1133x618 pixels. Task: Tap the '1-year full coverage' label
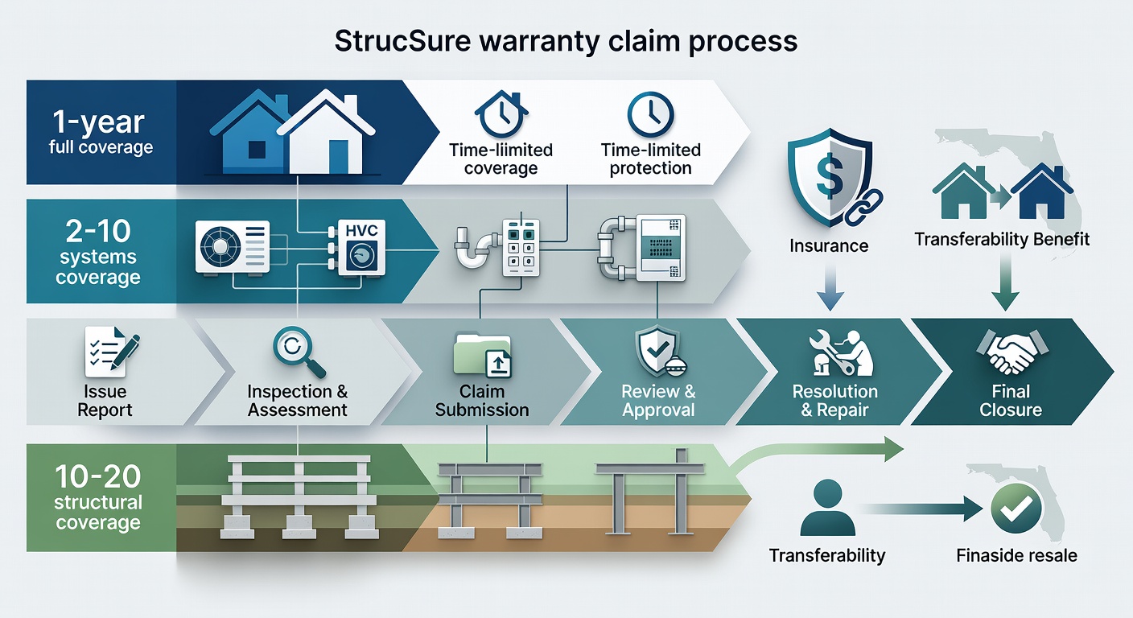(100, 132)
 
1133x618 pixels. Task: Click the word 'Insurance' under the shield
(828, 245)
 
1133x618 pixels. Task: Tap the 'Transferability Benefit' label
(1002, 239)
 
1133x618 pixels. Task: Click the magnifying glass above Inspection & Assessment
(298, 352)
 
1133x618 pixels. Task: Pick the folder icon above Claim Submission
(481, 356)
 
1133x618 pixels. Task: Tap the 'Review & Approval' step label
(658, 401)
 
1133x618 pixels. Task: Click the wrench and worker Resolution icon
(837, 352)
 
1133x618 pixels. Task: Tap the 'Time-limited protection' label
(650, 159)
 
